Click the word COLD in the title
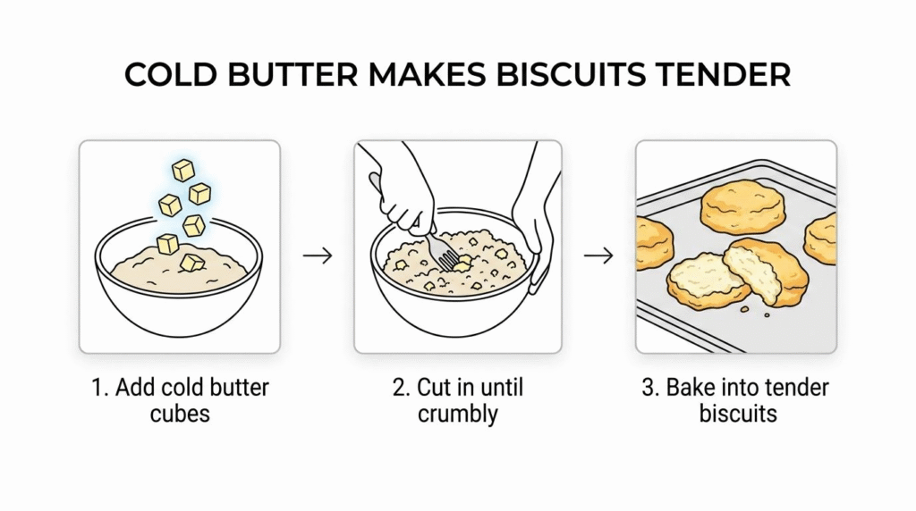tap(171, 75)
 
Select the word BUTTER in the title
tap(293, 75)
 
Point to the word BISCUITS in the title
tap(572, 75)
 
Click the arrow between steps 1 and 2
tap(318, 255)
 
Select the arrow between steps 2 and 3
tap(598, 255)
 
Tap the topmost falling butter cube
tap(182, 171)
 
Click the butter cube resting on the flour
tap(192, 263)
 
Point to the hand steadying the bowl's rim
tap(535, 228)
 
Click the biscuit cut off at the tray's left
tap(653, 243)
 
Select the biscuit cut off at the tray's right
tap(821, 238)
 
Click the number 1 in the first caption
tap(98, 388)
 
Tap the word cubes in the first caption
tap(179, 415)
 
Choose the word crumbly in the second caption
tap(457, 415)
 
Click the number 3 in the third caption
tap(649, 388)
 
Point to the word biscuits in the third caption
tap(738, 415)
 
